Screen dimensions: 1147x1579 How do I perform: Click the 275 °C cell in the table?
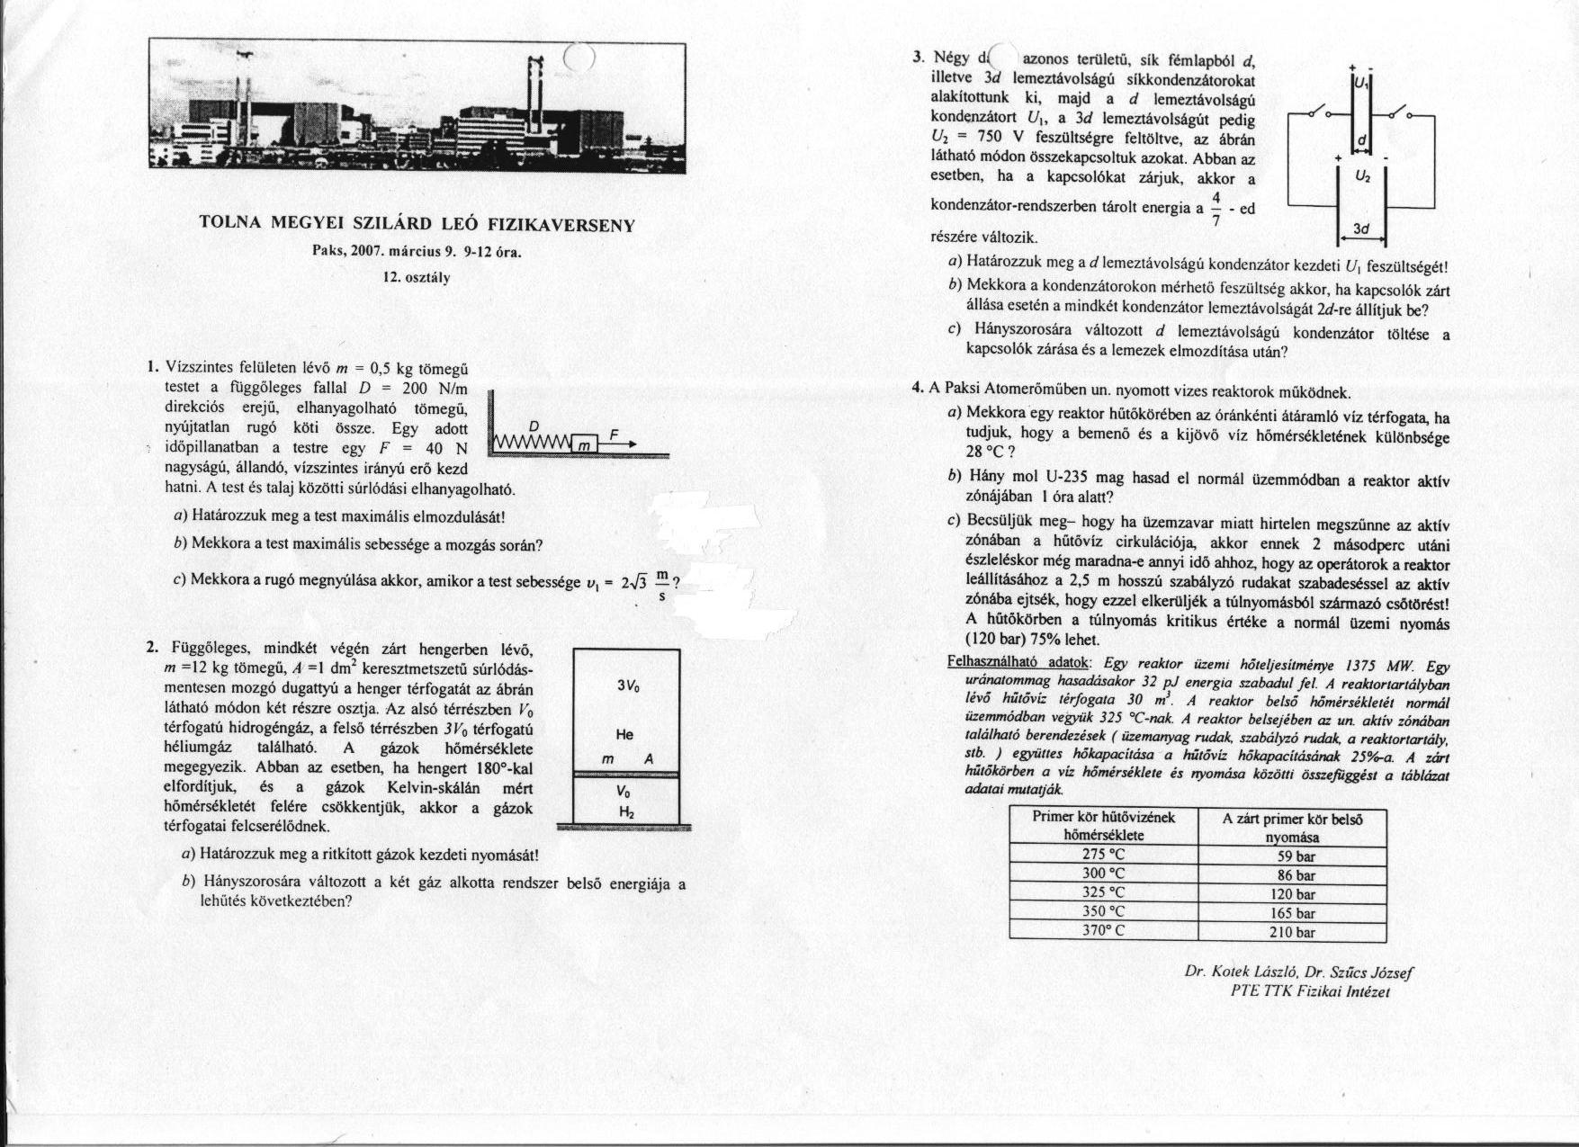[1103, 855]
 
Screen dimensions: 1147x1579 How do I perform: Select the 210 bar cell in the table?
[1291, 932]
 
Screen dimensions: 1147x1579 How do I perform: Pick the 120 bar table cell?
[1291, 893]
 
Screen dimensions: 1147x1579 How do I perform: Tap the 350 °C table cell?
[1103, 912]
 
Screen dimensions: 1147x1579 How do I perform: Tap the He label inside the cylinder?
[624, 734]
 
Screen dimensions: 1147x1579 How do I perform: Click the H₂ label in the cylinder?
[626, 811]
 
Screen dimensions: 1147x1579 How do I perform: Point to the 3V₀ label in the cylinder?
[627, 686]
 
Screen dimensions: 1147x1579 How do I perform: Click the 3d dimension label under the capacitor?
[1360, 229]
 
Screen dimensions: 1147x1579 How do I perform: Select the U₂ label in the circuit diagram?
[1362, 176]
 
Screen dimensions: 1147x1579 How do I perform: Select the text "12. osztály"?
[417, 277]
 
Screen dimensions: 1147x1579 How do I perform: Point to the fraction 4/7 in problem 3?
[1216, 208]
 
